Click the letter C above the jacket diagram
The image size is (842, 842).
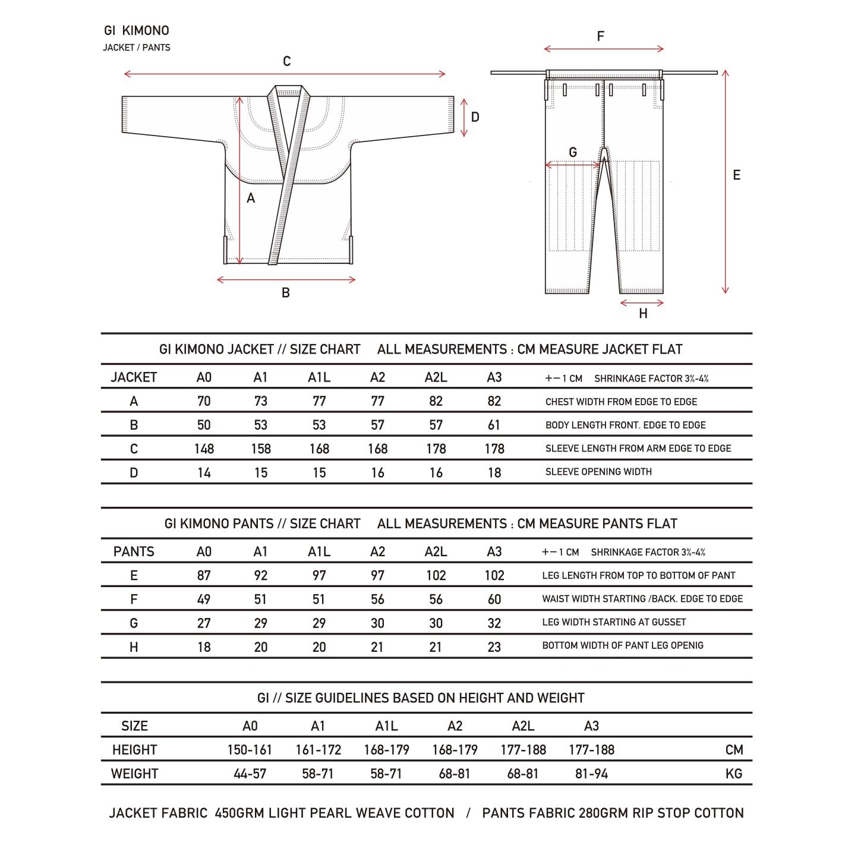point(286,61)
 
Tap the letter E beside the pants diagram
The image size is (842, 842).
point(736,175)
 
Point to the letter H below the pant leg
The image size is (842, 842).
point(643,314)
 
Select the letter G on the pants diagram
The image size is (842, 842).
point(573,153)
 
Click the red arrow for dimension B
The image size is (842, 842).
point(286,280)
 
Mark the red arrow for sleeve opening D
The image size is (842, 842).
point(464,117)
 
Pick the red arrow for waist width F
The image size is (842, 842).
point(603,49)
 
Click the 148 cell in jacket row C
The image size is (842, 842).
point(204,449)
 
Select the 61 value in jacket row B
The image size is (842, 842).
point(494,425)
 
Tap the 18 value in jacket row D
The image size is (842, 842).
point(494,472)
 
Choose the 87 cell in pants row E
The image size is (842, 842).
point(204,575)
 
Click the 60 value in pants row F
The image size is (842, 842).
point(494,599)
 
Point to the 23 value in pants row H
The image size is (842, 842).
point(494,647)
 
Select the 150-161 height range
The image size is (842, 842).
point(249,750)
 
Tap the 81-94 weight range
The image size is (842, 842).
point(591,774)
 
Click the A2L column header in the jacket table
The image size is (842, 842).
point(436,377)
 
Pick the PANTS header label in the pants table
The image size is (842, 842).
point(134,551)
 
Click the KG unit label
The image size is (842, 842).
point(734,774)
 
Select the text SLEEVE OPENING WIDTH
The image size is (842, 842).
point(598,472)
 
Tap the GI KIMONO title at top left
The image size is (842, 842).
point(137,31)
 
